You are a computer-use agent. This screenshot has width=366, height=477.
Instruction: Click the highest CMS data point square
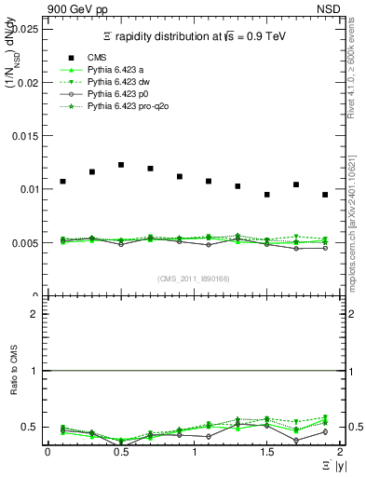click(x=121, y=165)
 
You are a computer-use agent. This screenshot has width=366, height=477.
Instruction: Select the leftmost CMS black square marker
click(x=62, y=181)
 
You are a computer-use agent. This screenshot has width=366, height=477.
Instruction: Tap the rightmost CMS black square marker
click(x=325, y=195)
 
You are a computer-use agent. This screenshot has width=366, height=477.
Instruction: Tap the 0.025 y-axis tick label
click(x=25, y=29)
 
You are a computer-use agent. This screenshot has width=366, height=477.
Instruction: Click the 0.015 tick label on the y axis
click(x=25, y=136)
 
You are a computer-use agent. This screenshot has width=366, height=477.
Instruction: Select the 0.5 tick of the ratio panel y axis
click(x=30, y=427)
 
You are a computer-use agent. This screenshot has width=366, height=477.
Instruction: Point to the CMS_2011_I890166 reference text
click(x=193, y=278)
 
